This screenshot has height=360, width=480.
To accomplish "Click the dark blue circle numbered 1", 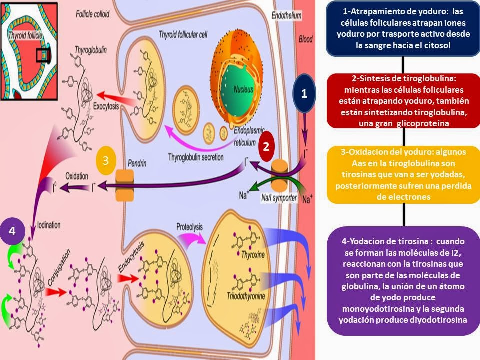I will [x=304, y=93].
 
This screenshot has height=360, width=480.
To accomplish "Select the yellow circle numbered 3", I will [x=105, y=160].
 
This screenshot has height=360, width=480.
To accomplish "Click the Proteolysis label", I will [x=189, y=227].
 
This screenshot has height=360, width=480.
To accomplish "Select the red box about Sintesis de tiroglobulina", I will [x=403, y=101].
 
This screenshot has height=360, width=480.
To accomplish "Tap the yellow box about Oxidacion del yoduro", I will [x=403, y=175].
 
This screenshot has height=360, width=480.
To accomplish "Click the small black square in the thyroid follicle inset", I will [x=43, y=55].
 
